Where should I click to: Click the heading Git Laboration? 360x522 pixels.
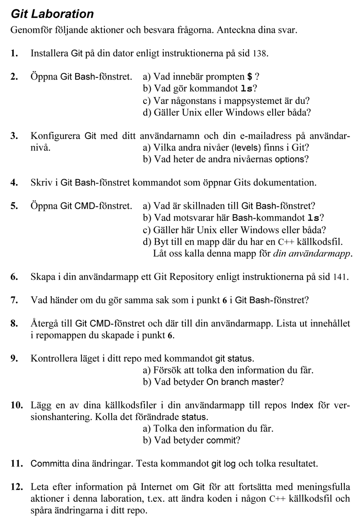tap(52, 14)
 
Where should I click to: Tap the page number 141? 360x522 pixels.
tap(340, 276)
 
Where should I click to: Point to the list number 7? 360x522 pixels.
tap(14, 299)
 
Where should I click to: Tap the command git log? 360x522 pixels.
tap(220, 463)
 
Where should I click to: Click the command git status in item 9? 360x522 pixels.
tap(234, 359)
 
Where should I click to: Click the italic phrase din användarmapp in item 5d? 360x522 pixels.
tap(312, 253)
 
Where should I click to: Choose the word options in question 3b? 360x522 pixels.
tap(291, 159)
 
